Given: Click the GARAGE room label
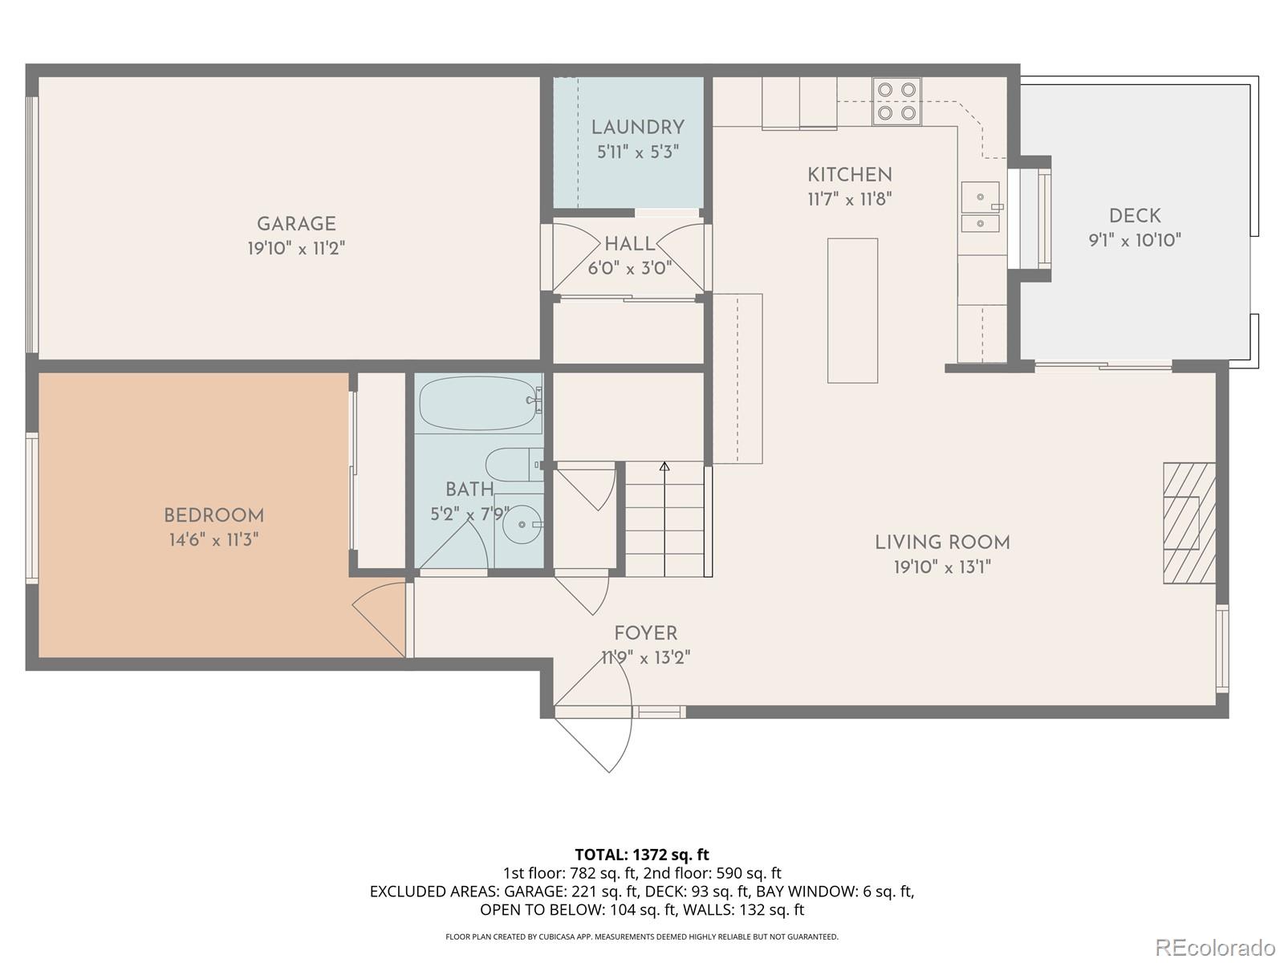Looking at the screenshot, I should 296,224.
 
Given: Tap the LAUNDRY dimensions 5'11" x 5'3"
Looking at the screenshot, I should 638,152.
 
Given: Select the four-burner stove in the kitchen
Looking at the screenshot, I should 896,101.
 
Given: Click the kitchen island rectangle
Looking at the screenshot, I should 852,310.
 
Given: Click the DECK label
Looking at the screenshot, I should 1135,215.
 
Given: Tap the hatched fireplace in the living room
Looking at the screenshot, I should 1189,522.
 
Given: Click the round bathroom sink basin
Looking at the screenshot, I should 522,525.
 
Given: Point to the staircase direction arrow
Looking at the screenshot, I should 664,466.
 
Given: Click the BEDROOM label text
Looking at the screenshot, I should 213,515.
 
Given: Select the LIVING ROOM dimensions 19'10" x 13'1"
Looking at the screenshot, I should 942,567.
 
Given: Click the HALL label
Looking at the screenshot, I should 629,244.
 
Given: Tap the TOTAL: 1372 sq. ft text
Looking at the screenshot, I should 642,855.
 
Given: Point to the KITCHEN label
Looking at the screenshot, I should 849,174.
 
